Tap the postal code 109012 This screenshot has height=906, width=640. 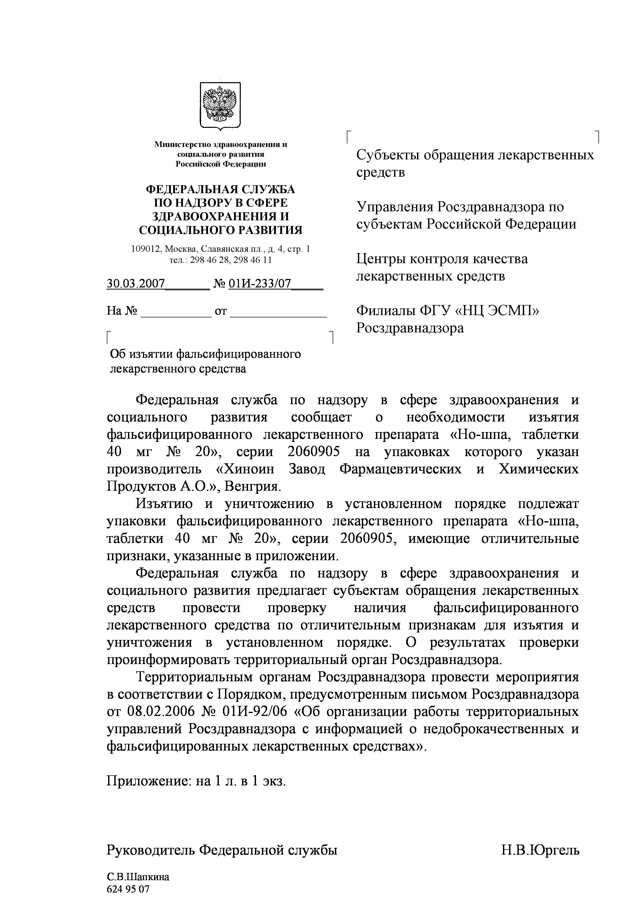click(x=146, y=249)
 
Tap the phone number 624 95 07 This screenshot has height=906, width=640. click(x=128, y=889)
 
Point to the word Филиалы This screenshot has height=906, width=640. click(x=385, y=311)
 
